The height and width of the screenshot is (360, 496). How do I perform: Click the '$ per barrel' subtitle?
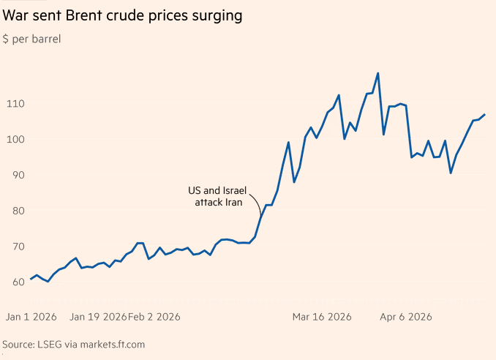[32, 39]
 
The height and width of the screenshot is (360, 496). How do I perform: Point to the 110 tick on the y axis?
[15, 104]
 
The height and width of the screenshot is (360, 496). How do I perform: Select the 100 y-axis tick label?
[15, 140]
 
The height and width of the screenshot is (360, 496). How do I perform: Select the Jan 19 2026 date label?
[98, 317]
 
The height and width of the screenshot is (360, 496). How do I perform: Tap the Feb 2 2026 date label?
[154, 317]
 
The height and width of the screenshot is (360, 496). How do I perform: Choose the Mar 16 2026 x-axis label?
[322, 317]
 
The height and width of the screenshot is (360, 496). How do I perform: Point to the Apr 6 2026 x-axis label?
[406, 317]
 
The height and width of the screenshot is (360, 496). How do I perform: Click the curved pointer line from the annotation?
[255, 200]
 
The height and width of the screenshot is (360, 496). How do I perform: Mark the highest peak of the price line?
[377, 73]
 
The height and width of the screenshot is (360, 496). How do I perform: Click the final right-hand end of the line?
[484, 115]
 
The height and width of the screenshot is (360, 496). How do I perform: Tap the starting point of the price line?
[31, 280]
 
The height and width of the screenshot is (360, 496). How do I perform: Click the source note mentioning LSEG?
[74, 343]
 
